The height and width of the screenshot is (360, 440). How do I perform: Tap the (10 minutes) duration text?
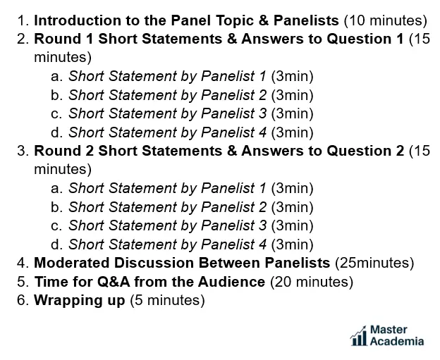coord(386,20)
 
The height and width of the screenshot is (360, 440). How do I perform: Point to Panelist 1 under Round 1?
coord(233,76)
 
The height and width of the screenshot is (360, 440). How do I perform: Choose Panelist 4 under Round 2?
coord(234,244)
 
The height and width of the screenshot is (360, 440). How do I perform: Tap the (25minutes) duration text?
coord(374,263)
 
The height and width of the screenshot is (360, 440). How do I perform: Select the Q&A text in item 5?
coord(114,282)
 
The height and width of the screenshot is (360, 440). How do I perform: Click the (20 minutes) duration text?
coord(312,282)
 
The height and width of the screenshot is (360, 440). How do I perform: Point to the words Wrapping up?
coord(80,301)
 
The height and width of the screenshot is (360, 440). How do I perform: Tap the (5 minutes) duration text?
coord(167,301)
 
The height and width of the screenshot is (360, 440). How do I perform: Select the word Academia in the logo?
coord(397,341)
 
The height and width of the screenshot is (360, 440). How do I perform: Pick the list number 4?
coord(23,263)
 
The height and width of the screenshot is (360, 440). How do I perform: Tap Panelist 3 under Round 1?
coord(234,113)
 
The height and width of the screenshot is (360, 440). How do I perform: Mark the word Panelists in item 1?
coord(306,20)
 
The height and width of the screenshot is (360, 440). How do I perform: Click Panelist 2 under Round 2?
coord(234,207)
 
